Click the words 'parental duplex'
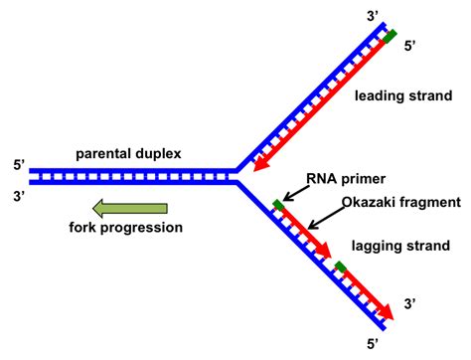pyautogui.click(x=126, y=154)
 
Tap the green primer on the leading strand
pyautogui.click(x=391, y=37)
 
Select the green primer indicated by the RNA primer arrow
pyautogui.click(x=277, y=206)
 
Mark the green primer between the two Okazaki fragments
pyautogui.click(x=341, y=267)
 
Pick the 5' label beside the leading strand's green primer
pyautogui.click(x=414, y=46)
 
